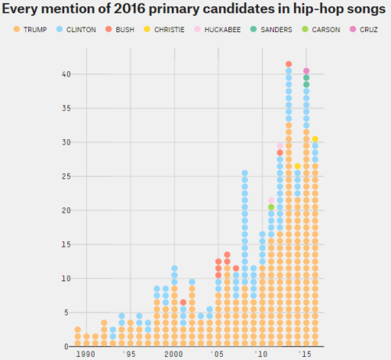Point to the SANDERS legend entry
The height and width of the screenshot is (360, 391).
click(279, 29)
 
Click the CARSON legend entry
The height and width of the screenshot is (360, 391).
click(332, 29)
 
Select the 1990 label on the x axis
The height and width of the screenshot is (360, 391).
click(84, 354)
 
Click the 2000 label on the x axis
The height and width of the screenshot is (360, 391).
click(174, 354)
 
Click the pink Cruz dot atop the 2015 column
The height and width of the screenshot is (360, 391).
click(307, 70)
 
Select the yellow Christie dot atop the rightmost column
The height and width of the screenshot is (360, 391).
click(315, 139)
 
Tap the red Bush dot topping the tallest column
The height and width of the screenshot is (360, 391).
click(289, 64)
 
